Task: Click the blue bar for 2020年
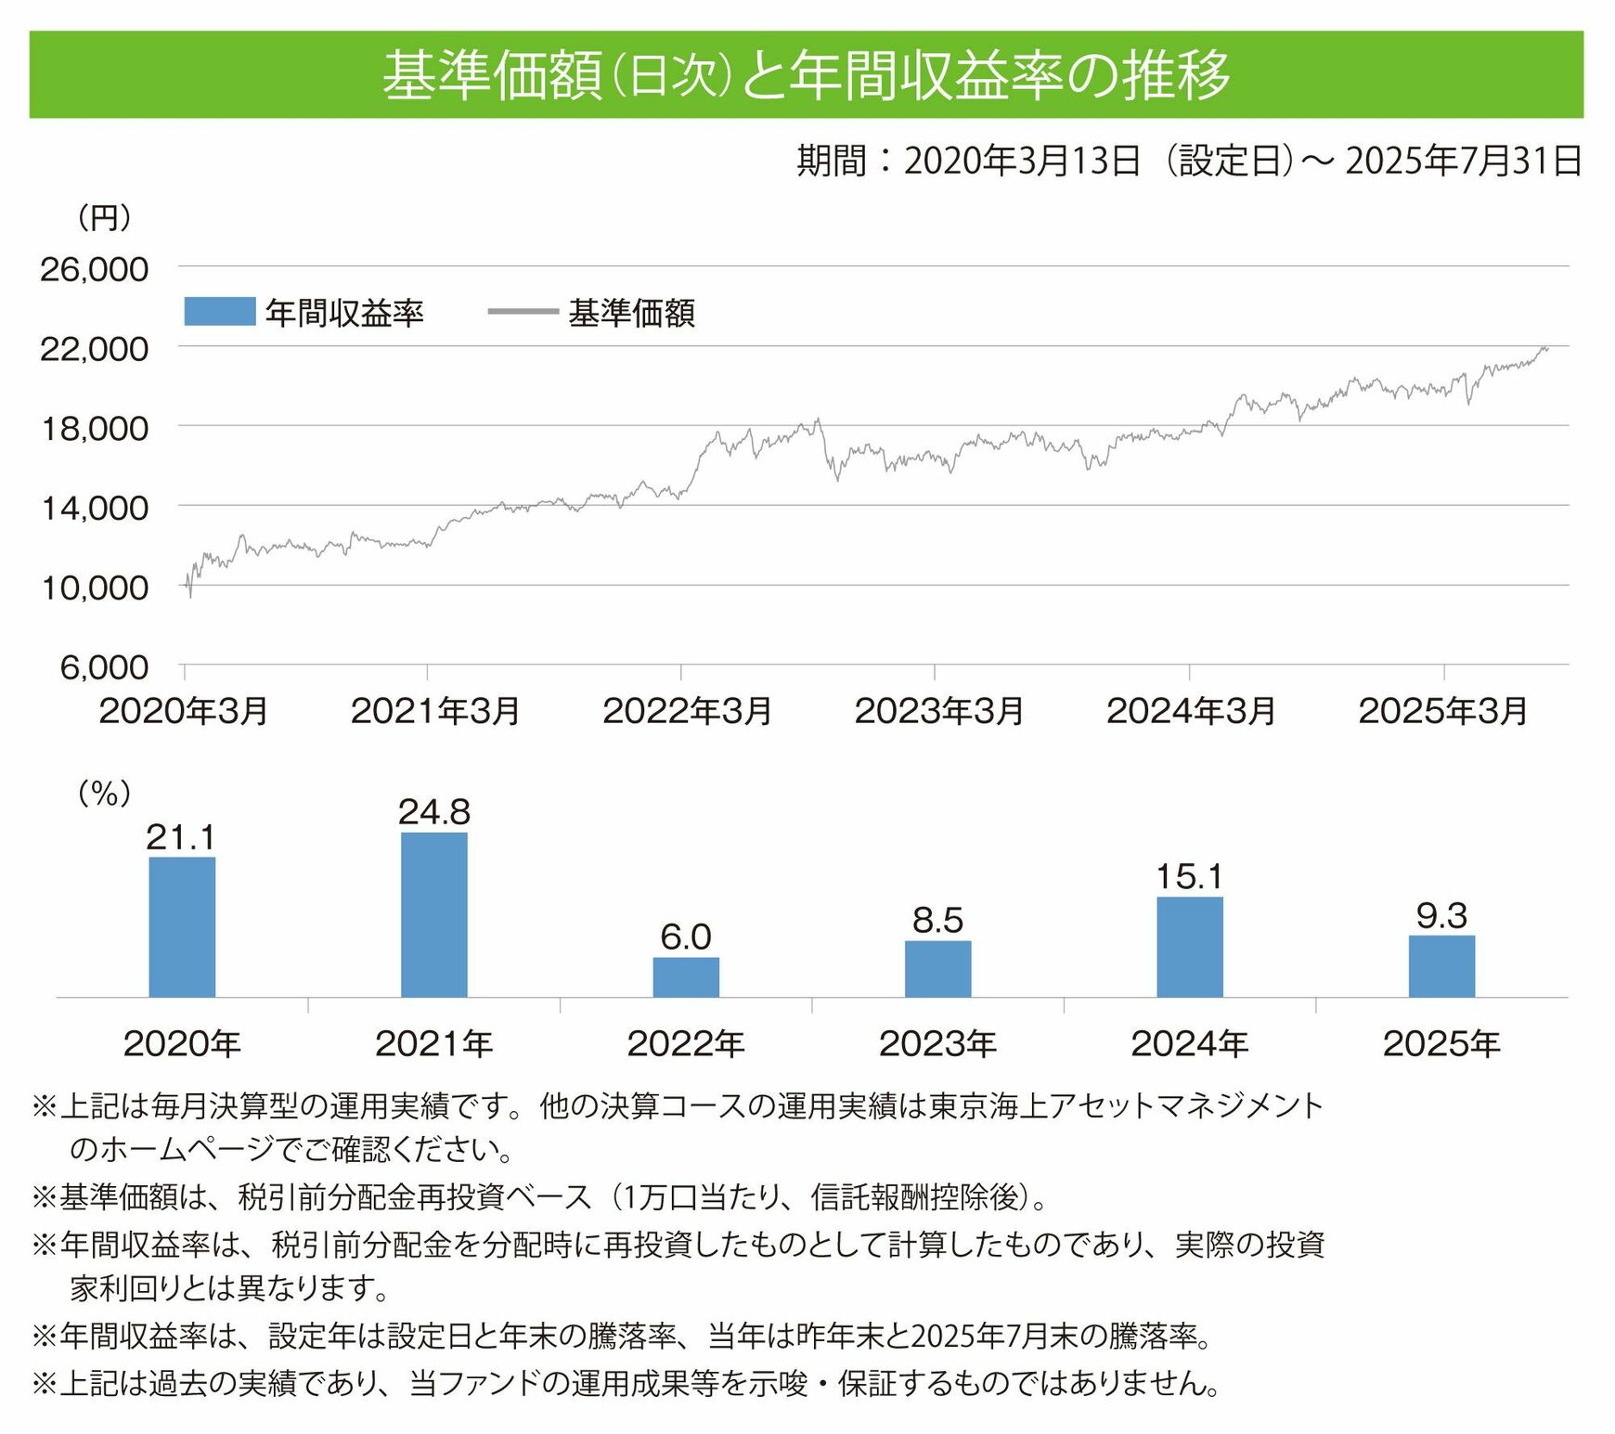[x=182, y=926]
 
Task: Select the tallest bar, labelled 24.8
[x=434, y=914]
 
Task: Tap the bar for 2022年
[x=686, y=976]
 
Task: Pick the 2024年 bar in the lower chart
[x=1190, y=947]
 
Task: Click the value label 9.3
[x=1441, y=916]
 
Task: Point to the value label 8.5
[x=937, y=921]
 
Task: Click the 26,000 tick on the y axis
[x=94, y=269]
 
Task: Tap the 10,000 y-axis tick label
[x=94, y=588]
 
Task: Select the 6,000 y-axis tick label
[x=104, y=667]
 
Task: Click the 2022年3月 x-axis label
[x=687, y=711]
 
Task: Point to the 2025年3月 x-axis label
[x=1443, y=711]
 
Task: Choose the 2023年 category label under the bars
[x=937, y=1044]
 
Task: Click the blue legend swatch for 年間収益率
[x=220, y=312]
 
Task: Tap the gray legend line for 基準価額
[x=523, y=312]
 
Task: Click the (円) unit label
[x=104, y=218]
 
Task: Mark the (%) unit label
[x=104, y=793]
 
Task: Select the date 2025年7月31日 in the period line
[x=1464, y=161]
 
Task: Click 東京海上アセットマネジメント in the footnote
[x=1126, y=1105]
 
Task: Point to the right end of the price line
[x=1547, y=348]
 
